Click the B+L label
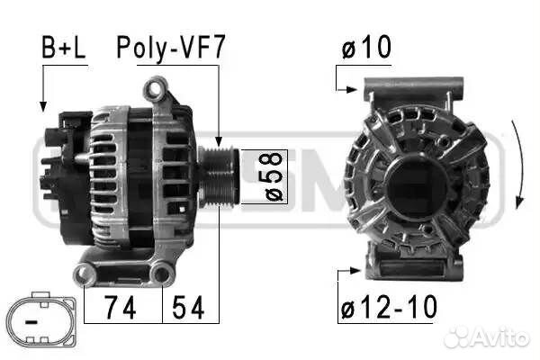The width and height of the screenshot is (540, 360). coord(63,49)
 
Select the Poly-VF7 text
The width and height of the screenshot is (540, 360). coord(170,49)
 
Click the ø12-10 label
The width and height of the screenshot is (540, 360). coord(389,308)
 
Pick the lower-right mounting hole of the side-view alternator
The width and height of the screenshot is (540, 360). coord(162,273)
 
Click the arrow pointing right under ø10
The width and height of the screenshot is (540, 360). coord(353,89)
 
